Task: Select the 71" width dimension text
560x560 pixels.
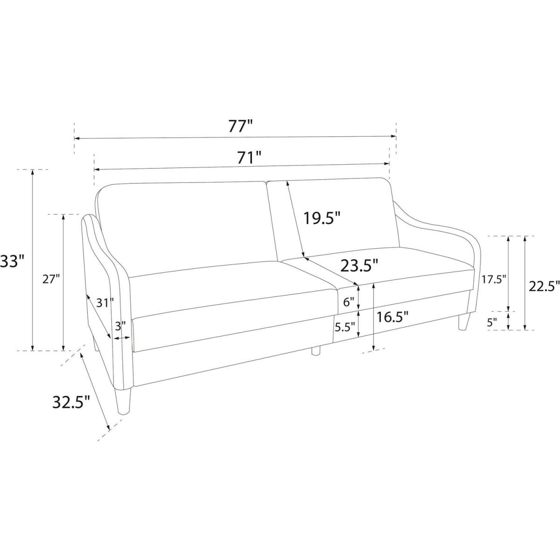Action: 249,158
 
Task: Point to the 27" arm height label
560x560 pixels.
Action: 51,279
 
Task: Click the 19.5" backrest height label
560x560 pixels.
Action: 322,218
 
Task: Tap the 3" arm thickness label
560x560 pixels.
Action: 120,326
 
